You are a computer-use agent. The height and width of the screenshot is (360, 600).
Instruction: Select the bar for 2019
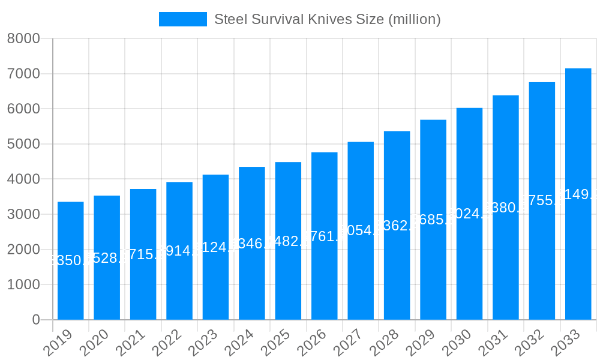pos(71,261)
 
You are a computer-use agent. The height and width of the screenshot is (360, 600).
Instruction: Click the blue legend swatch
pos(182,19)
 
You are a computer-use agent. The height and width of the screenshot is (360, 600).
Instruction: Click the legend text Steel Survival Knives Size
pos(328,19)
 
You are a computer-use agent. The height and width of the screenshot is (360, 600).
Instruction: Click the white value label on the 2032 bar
pos(542,200)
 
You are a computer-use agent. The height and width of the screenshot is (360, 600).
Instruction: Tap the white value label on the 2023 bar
pos(216,247)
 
